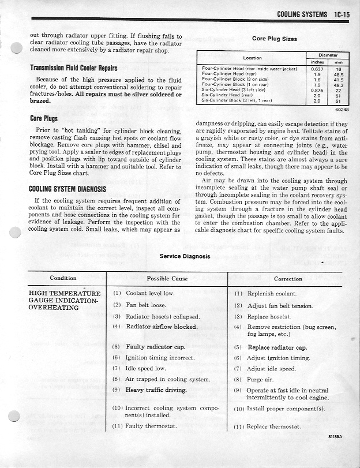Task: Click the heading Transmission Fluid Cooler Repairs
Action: [x=74, y=68]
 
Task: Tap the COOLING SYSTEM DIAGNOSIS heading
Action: [x=67, y=189]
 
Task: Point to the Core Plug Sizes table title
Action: [x=275, y=39]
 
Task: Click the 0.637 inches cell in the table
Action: [x=317, y=69]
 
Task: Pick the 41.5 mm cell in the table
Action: [x=338, y=80]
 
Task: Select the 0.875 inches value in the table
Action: [x=317, y=90]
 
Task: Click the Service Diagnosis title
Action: [x=185, y=256]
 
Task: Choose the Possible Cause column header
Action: [x=167, y=279]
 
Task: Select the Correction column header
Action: [x=288, y=279]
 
